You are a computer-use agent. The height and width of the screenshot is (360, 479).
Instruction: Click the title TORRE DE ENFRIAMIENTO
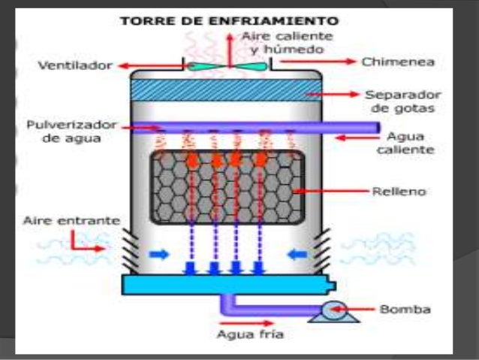coord(230,21)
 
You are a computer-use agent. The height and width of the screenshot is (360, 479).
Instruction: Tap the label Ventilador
coord(75,65)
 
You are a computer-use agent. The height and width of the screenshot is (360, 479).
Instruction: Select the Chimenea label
coord(398,62)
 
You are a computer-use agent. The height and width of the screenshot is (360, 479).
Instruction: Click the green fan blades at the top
coord(227,66)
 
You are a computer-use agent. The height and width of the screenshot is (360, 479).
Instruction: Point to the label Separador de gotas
coord(403,101)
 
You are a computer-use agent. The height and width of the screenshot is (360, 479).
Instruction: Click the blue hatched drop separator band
coord(226,90)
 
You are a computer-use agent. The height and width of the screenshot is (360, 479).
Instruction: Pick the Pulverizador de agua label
coord(71,132)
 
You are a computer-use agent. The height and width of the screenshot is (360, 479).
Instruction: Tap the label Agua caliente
coord(405,143)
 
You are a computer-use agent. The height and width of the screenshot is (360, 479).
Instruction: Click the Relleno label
coord(399,192)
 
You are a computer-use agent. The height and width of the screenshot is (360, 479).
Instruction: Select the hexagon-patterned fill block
coord(227,187)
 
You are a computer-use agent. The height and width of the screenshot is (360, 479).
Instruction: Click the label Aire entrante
coord(72,220)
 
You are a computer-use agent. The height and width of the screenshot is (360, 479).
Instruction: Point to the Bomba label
coord(405,309)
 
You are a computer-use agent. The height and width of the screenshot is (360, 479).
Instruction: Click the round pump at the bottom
coord(335,310)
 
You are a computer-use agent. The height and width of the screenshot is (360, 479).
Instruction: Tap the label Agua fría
coord(250,334)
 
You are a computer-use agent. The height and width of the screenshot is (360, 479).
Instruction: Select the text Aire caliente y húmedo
coord(287,43)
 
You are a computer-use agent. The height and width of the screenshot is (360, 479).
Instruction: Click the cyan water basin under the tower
coord(228,284)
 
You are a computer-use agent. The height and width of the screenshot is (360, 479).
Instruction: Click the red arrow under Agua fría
coord(246,323)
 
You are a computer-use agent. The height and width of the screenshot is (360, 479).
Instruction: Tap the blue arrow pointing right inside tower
coord(159,254)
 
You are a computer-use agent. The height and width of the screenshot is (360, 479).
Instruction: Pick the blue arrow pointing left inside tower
coord(297,254)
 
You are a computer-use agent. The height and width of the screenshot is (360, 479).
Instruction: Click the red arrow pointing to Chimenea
coord(318,62)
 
